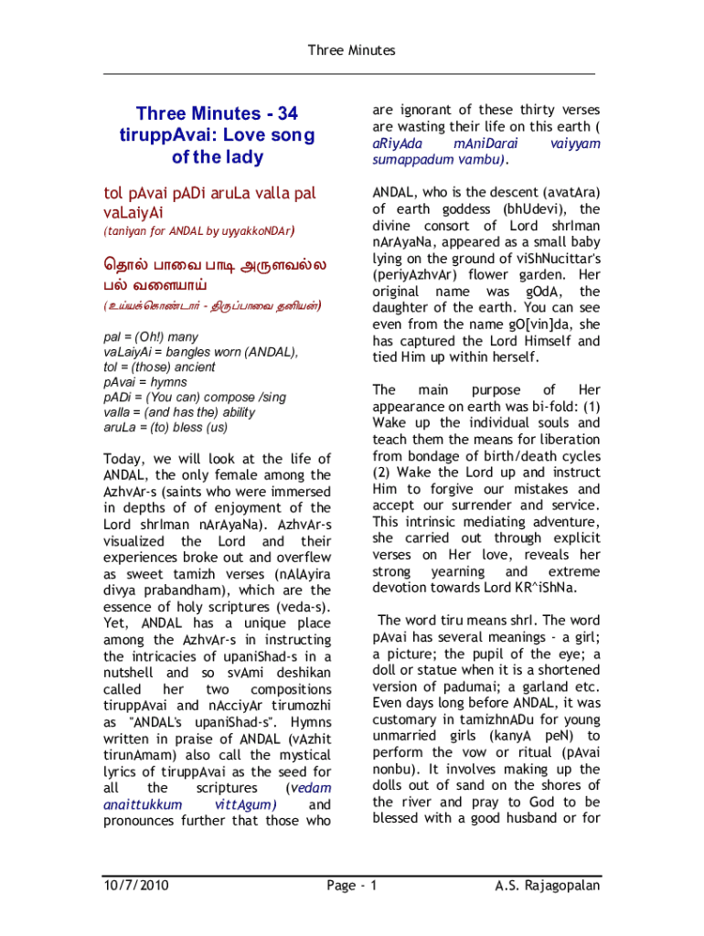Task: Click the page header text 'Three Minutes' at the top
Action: pyautogui.click(x=351, y=50)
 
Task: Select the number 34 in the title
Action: pyautogui.click(x=286, y=114)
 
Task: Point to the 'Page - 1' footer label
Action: pyautogui.click(x=351, y=885)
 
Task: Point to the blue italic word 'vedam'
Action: pyautogui.click(x=309, y=788)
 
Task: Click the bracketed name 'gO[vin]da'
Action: pyautogui.click(x=529, y=324)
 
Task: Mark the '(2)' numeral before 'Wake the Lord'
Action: pyautogui.click(x=382, y=473)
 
